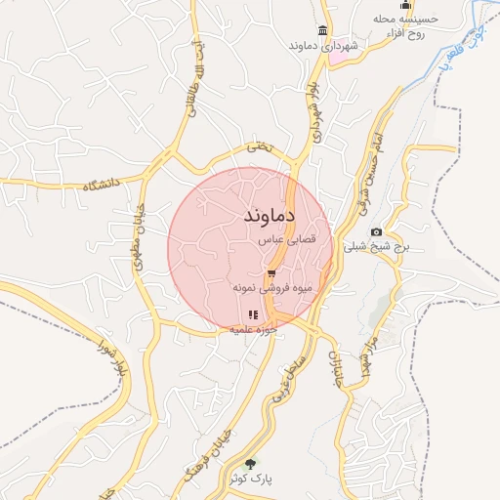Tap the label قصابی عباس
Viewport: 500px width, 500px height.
point(283,239)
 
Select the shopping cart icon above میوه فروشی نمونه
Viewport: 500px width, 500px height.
point(271,274)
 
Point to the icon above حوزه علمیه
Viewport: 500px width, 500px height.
point(253,314)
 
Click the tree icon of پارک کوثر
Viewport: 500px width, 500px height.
point(251,464)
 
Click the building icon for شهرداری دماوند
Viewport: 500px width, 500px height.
point(323,29)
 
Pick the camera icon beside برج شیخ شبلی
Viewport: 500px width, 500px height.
point(376,231)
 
